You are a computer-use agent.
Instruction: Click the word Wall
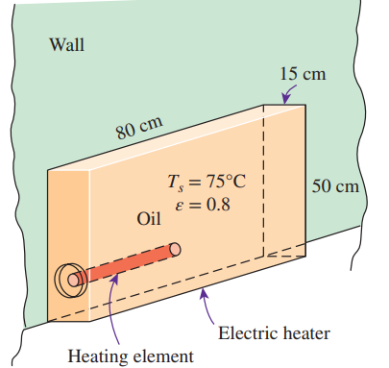coord(66,44)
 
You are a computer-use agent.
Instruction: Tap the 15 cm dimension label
coord(302,74)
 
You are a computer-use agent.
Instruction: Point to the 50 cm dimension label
coord(336,185)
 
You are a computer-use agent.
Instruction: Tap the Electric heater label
coord(274,333)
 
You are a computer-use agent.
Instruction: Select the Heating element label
coord(130,356)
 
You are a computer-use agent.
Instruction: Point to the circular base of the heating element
coord(70,282)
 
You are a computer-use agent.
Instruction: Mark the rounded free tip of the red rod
coord(175,249)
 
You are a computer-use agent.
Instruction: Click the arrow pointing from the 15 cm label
coord(288,93)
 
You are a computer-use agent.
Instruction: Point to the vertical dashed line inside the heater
coord(263,183)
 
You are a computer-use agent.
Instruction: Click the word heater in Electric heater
coord(305,333)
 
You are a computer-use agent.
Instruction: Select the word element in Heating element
coord(164,356)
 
